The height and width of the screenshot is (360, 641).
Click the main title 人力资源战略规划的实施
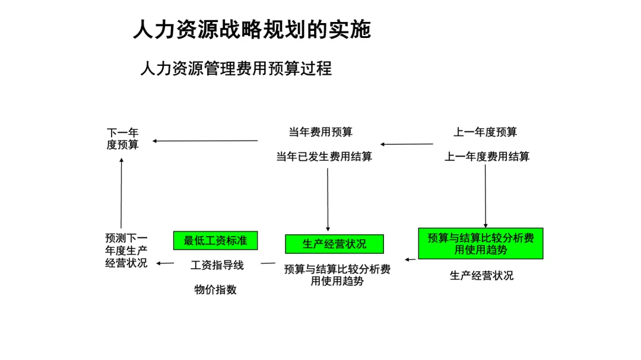pos(252,30)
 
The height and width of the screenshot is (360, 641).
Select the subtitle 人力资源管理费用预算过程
pos(236,69)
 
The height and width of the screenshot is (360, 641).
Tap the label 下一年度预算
pos(122,138)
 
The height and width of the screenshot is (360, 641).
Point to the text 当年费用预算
pos(320,132)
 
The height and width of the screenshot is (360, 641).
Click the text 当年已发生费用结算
pos(324,157)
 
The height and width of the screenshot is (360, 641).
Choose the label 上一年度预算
pos(485,132)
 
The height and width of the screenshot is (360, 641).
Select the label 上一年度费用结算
pos(487,157)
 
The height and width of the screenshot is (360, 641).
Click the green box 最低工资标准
pos(215,240)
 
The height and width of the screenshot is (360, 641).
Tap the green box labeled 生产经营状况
pos(334,244)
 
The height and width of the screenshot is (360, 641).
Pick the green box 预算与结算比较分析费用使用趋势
pos(480,244)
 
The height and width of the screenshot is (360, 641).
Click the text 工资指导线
pos(217,265)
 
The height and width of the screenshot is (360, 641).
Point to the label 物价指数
pos(215,289)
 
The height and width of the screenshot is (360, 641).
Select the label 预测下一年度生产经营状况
pos(126,251)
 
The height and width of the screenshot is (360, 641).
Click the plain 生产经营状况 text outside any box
pos(481,276)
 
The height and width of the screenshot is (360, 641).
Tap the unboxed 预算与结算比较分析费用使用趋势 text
pos(337,275)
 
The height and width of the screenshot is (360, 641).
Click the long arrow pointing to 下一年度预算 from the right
pos(205,141)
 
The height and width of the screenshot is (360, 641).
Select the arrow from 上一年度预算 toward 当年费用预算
pos(407,144)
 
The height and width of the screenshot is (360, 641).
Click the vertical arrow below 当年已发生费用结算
pos(328,199)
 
